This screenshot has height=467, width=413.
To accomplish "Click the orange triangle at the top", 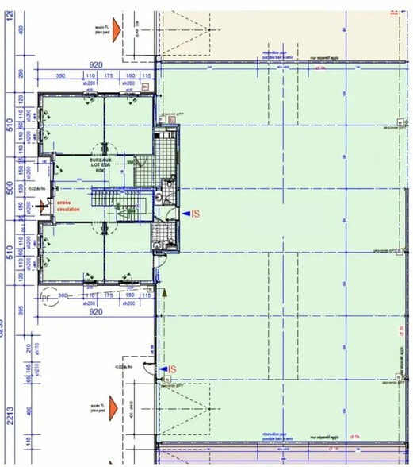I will click(116, 29).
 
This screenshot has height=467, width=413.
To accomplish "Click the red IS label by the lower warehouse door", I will click(170, 369).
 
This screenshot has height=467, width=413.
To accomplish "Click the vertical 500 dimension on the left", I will click(10, 190).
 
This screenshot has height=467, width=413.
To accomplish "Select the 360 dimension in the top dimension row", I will click(60, 75).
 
